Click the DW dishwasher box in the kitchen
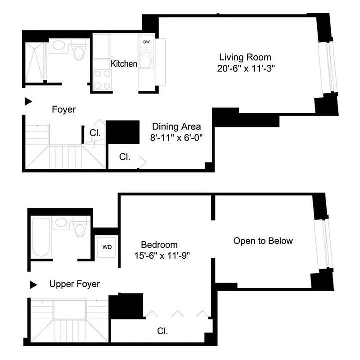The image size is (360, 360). click(x=147, y=42)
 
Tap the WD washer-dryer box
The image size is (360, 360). click(x=107, y=247)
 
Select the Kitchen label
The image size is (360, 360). click(x=124, y=64)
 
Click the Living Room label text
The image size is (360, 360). click(x=245, y=57)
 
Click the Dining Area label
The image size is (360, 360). click(x=176, y=126)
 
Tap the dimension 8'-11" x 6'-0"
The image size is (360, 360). click(x=177, y=138)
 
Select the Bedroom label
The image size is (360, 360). click(x=159, y=245)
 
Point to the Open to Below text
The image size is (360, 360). click(x=263, y=241)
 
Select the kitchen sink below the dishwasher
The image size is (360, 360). click(x=146, y=60)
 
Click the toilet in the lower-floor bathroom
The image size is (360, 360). click(x=80, y=51)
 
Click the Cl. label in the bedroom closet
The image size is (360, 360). click(x=162, y=331)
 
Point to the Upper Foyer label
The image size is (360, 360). click(x=75, y=284)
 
